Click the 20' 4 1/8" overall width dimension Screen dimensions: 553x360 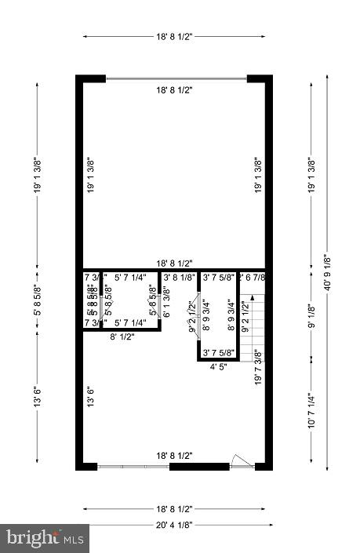point(173,525)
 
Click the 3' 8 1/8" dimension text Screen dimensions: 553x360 point(180,277)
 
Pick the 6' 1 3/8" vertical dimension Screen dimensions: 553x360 point(166,302)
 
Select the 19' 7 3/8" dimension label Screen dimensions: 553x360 point(257,366)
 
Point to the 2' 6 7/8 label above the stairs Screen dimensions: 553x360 point(253,277)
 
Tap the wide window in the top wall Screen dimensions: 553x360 point(176,78)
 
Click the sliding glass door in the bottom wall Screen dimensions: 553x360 point(133,467)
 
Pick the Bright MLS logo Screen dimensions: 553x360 point(45,538)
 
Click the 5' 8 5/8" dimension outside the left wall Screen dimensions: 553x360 point(37,301)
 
